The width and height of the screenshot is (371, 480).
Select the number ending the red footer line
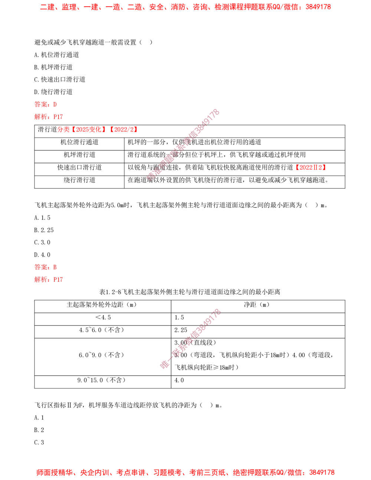(324, 473)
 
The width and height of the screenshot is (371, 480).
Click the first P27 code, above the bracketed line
(58, 117)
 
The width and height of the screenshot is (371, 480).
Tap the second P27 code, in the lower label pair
(58, 280)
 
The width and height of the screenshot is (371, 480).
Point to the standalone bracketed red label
(311, 168)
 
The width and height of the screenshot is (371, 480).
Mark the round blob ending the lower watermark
(164, 365)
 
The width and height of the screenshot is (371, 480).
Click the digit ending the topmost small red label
(55, 104)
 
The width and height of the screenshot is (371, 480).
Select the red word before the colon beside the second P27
(40, 280)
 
